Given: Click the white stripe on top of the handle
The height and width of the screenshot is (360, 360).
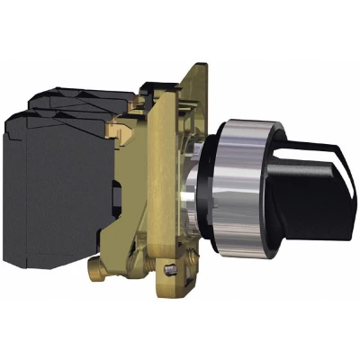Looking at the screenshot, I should tap(310, 149).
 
